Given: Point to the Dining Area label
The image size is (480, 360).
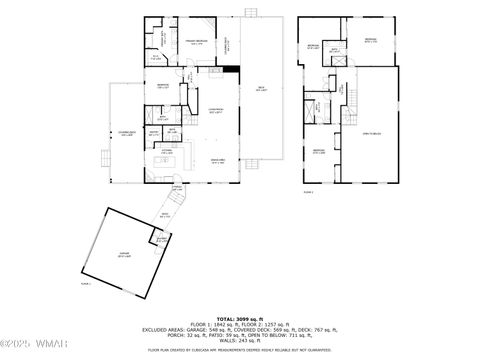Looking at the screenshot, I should tap(216, 161).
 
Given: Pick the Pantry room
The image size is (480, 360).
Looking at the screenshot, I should tap(155, 133).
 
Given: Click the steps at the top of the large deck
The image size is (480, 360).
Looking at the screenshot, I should tap(250, 14).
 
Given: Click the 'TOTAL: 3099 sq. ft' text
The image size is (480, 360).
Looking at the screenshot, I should tap(240, 316).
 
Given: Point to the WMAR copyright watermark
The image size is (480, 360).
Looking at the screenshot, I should tap(27, 347).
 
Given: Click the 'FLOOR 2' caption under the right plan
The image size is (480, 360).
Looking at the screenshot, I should tap(308, 192).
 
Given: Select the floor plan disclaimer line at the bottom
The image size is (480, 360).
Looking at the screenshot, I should tap(240, 351).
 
